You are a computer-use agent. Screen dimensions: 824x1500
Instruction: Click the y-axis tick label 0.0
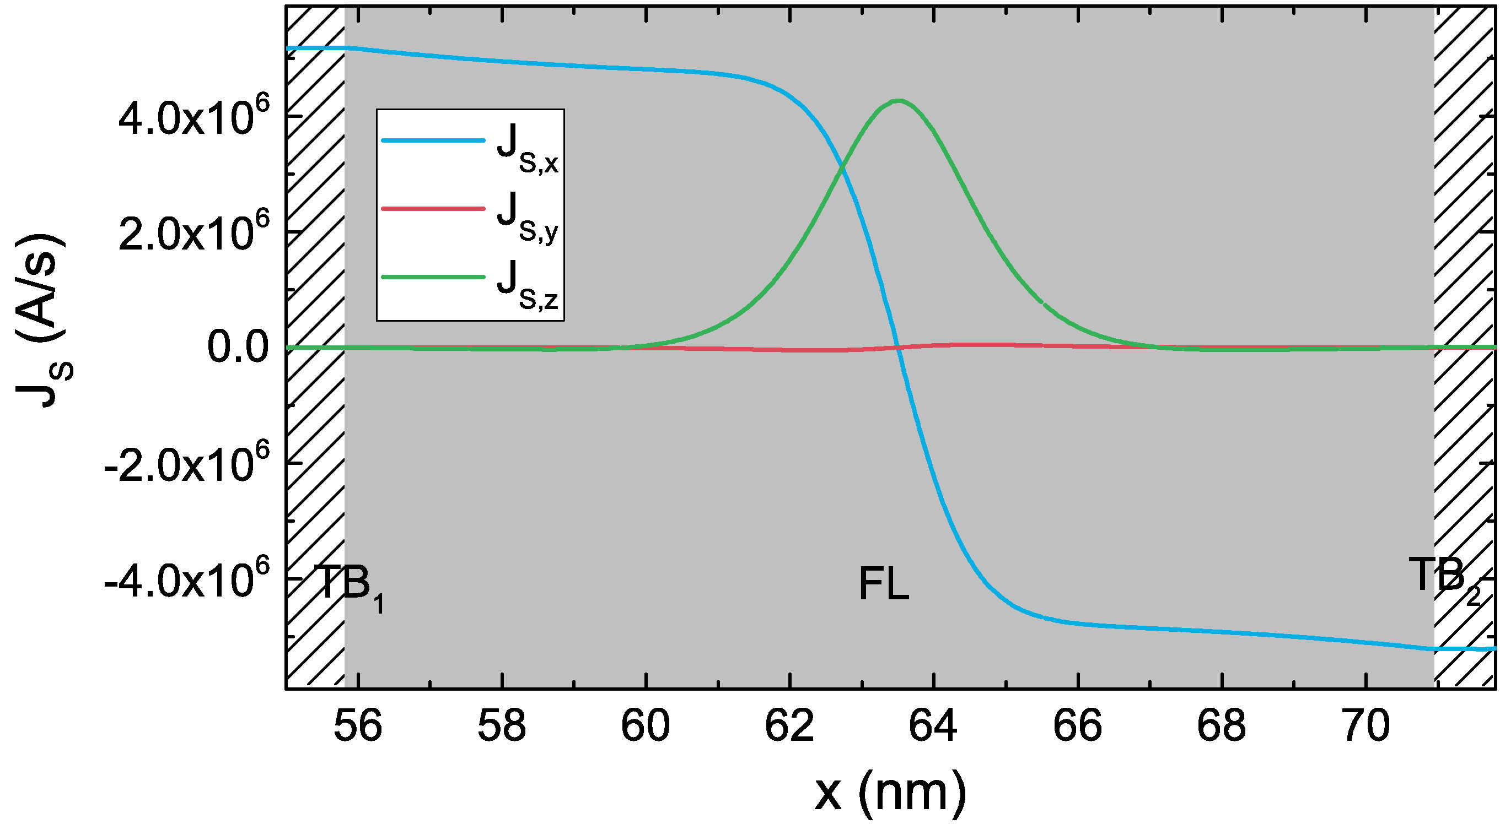[238, 348]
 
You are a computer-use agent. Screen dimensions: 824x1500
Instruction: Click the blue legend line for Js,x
[433, 140]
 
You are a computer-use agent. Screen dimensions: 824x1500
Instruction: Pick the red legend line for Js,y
[433, 208]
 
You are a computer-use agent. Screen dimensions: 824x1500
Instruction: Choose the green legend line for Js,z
[433, 277]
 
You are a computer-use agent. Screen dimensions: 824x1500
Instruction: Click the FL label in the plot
[883, 585]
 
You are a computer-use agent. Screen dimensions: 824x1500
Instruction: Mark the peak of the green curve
[899, 100]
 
